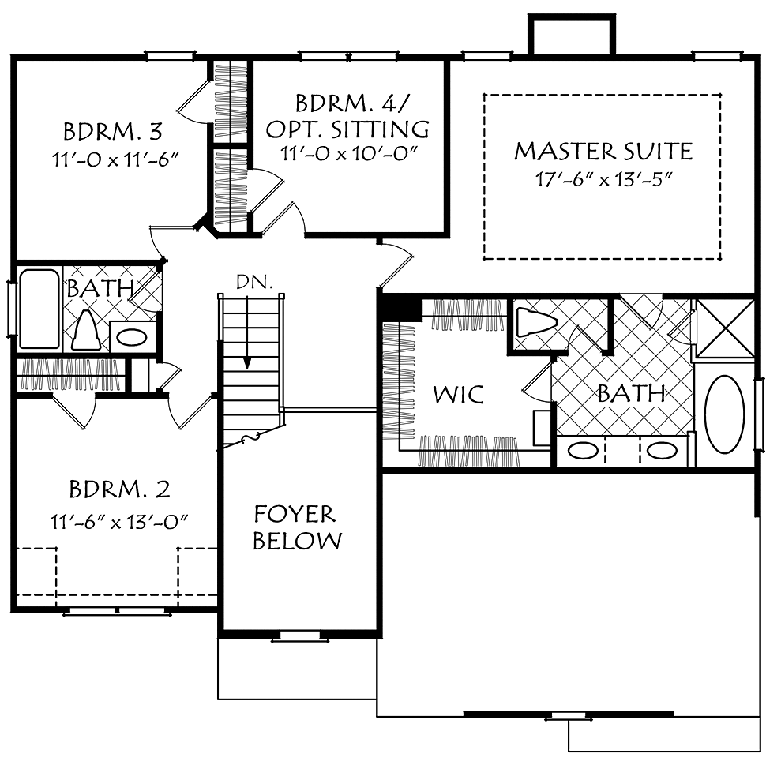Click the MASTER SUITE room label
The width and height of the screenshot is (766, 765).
(x=603, y=151)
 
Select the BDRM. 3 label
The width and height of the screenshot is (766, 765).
(x=113, y=131)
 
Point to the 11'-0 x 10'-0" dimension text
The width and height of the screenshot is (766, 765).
(x=349, y=153)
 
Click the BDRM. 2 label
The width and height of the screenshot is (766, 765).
(x=120, y=489)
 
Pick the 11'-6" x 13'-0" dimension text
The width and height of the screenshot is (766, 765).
(x=119, y=522)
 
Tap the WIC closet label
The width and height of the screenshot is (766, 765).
(x=459, y=394)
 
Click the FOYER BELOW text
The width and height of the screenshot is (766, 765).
(x=298, y=527)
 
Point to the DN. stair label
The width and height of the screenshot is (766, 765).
(x=254, y=282)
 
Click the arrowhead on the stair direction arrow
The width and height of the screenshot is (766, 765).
(x=247, y=362)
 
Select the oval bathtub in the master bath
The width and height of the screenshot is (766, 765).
(x=726, y=414)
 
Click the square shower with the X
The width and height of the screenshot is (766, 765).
(x=724, y=328)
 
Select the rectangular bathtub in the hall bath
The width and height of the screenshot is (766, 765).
(x=39, y=309)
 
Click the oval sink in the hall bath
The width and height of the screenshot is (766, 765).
(x=133, y=337)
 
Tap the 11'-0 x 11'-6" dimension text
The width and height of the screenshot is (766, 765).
(x=114, y=159)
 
